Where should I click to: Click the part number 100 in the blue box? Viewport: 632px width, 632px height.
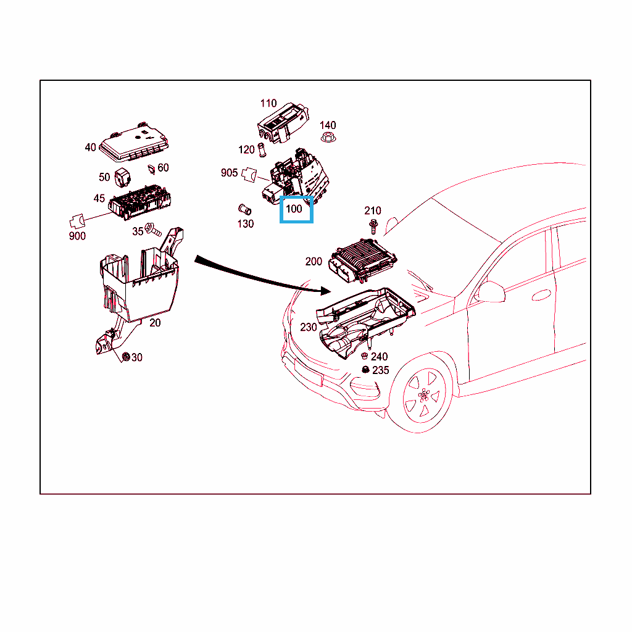(294, 209)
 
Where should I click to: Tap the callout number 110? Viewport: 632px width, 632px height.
(268, 104)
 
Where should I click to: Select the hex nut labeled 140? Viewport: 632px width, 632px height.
(328, 137)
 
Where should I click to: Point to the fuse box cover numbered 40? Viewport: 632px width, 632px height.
(134, 143)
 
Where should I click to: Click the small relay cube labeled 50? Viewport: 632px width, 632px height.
(123, 178)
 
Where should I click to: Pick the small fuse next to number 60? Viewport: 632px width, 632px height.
(152, 169)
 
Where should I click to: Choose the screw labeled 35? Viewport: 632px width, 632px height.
(153, 230)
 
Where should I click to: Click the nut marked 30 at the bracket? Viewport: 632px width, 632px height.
(126, 357)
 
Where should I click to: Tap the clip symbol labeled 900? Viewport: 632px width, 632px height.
(77, 222)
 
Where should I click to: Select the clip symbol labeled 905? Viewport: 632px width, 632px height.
(249, 175)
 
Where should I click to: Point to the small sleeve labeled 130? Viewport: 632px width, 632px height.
(244, 210)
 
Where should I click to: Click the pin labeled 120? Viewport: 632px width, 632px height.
(262, 150)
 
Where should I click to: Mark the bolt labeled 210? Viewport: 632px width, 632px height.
(373, 227)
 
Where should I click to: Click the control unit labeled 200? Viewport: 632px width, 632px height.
(363, 260)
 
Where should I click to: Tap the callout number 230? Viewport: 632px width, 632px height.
(309, 327)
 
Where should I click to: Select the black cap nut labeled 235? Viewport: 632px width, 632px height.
(365, 370)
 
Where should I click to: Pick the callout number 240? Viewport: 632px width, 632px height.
(380, 357)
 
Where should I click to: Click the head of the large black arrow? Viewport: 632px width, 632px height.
(326, 290)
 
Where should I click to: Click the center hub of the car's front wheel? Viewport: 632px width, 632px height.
(423, 395)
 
